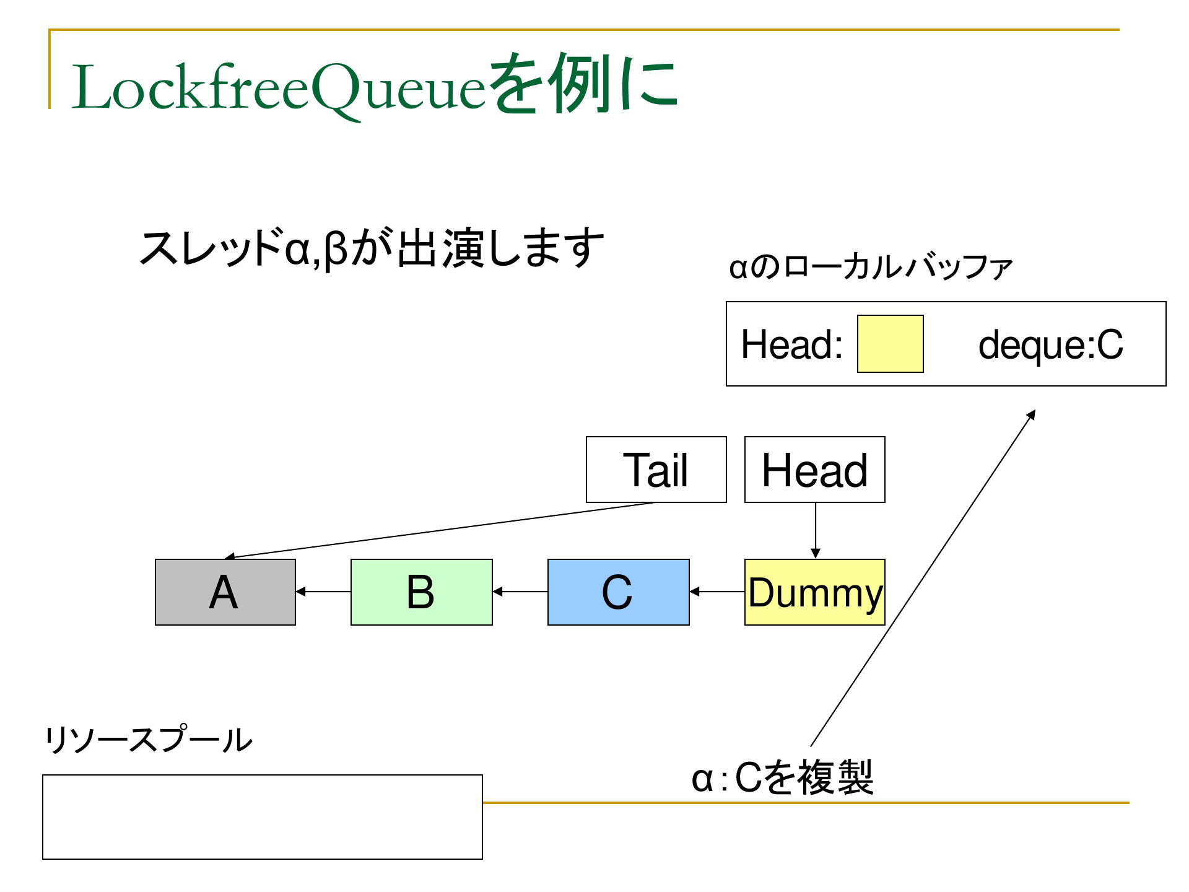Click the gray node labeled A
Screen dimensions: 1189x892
225,592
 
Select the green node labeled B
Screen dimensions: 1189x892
422,592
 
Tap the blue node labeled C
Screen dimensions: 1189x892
619,592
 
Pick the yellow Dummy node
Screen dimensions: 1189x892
815,592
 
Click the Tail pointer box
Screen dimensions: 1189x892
656,470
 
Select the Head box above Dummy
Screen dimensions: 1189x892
815,470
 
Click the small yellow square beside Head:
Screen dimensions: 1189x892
891,344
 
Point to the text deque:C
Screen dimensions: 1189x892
1051,344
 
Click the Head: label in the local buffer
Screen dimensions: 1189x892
792,344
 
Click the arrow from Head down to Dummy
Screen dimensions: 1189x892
816,531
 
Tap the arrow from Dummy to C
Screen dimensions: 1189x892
717,592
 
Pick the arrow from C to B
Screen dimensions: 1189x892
520,592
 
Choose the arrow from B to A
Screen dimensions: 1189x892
323,592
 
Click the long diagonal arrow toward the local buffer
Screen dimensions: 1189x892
923,578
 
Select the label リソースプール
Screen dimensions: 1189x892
148,740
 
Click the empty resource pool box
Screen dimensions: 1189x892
263,817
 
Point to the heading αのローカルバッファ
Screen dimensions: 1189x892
871,268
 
